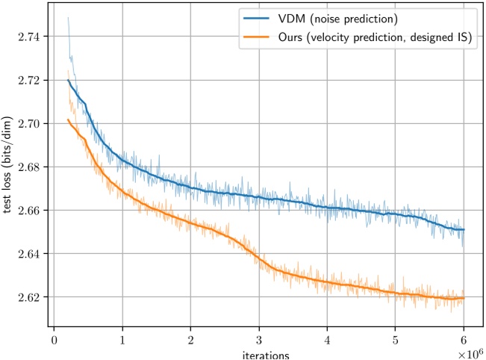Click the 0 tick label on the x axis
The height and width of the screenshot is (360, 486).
54,341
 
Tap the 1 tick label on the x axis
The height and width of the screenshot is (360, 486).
122,341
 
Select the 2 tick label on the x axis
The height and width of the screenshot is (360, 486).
190,341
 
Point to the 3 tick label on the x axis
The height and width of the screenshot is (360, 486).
259,341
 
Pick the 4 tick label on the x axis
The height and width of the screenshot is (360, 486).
327,341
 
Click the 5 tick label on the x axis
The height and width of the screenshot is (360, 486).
396,341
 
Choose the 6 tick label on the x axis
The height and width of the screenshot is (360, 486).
464,341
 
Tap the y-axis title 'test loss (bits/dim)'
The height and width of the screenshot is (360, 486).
7,165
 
